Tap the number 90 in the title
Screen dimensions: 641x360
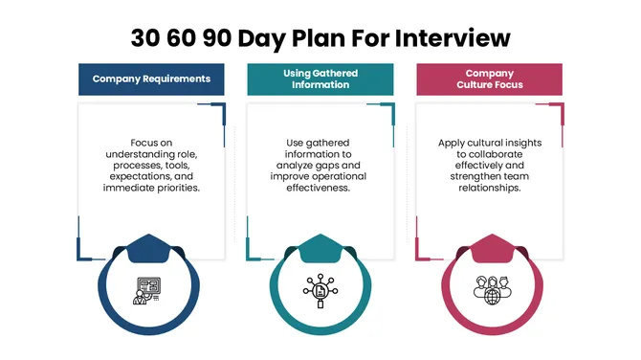(227, 38)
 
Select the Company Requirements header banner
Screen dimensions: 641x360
(151, 79)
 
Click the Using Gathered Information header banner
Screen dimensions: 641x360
(321, 79)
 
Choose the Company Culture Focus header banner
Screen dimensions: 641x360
(489, 79)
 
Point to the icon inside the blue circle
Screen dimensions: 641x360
(150, 290)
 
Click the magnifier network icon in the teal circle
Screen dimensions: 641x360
(320, 290)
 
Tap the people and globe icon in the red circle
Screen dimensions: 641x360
(489, 290)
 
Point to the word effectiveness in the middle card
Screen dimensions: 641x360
(320, 189)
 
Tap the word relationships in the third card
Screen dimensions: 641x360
(489, 189)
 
